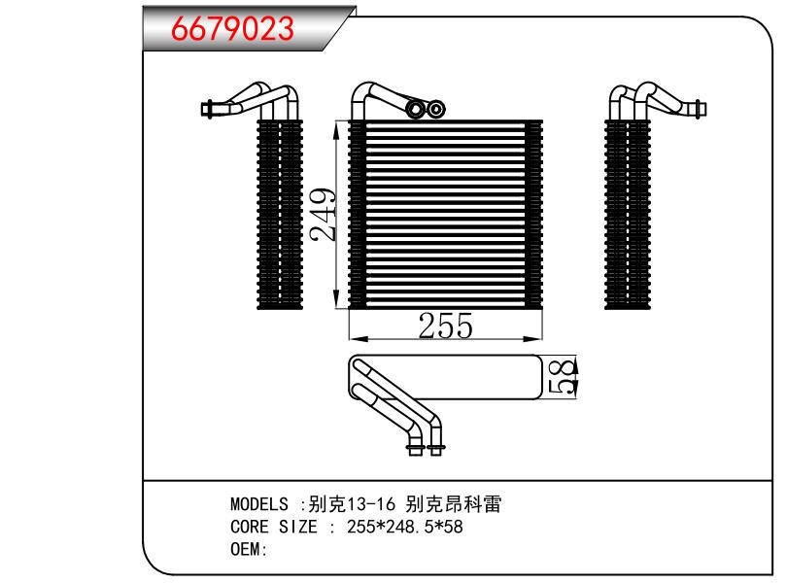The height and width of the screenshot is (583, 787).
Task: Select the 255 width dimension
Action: pyautogui.click(x=444, y=326)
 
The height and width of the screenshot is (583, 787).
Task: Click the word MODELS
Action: pyautogui.click(x=258, y=505)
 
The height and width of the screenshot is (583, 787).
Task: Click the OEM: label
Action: pyautogui.click(x=249, y=550)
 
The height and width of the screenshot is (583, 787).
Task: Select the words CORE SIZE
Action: pyautogui.click(x=274, y=528)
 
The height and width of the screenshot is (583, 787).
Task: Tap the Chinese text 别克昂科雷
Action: pyautogui.click(x=454, y=505)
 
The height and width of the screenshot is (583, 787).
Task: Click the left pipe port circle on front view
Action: pyautogui.click(x=418, y=109)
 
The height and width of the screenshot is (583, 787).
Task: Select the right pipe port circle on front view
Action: pyautogui.click(x=436, y=109)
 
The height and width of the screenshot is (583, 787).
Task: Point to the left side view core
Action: pyautogui.click(x=280, y=215)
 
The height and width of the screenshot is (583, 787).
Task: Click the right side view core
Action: pyautogui.click(x=627, y=215)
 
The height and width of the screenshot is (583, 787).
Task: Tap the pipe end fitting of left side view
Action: pyautogui.click(x=207, y=108)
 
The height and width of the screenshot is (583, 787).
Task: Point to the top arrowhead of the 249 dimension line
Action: pyautogui.click(x=336, y=125)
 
